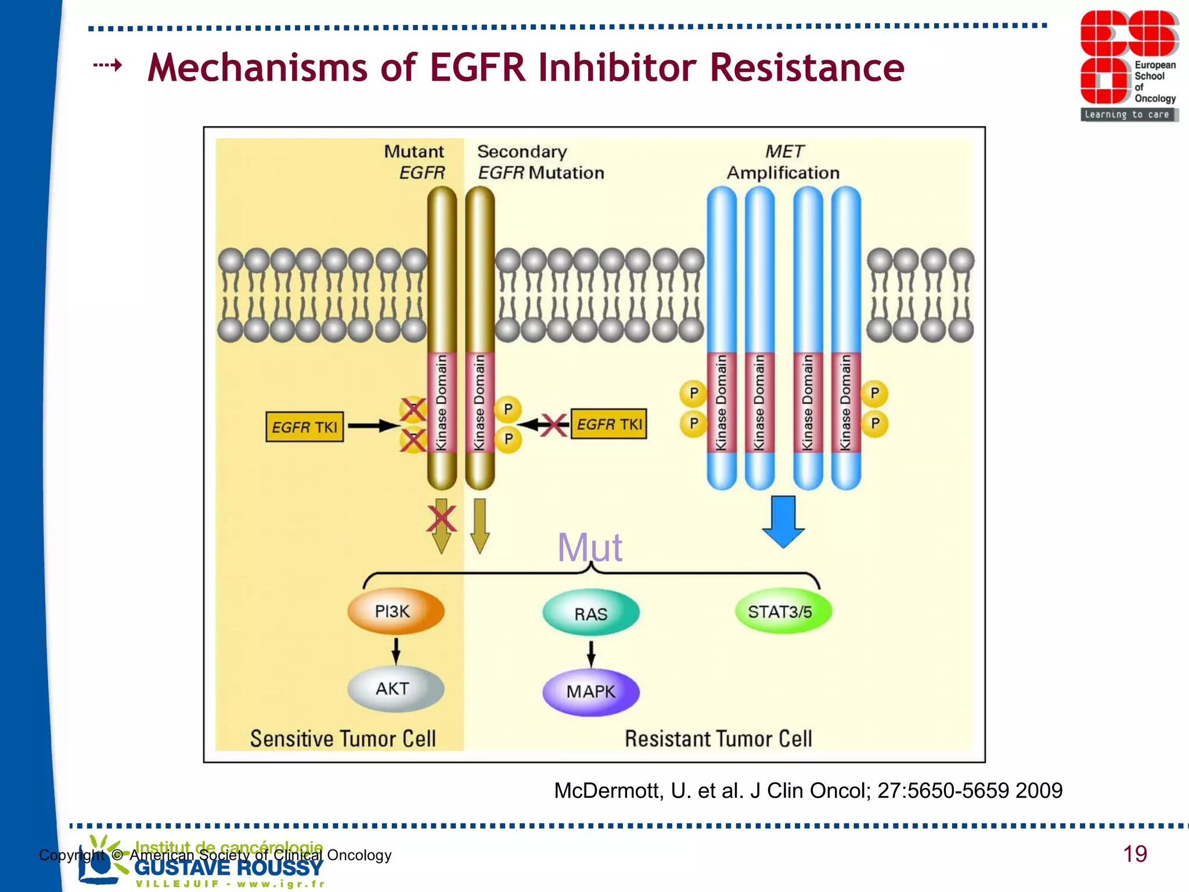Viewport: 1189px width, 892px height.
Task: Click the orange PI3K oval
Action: tap(396, 612)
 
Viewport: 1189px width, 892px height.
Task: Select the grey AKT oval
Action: tap(396, 689)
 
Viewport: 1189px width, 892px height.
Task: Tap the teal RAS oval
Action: tap(590, 613)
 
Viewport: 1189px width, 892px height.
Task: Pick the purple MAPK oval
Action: tap(590, 692)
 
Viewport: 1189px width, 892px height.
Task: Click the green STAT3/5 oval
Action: tap(782, 612)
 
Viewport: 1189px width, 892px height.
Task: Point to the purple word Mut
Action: tap(589, 547)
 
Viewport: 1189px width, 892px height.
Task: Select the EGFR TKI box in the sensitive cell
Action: tap(304, 427)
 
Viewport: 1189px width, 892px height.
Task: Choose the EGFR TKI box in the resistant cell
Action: tap(608, 424)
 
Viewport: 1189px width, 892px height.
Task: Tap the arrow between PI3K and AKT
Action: tap(396, 650)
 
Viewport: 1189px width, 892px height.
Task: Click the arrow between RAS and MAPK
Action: tap(591, 654)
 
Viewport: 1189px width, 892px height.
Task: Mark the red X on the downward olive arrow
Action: tap(441, 519)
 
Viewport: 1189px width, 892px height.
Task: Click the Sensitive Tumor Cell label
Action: tap(343, 738)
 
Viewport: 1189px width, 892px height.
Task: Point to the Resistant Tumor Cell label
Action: tap(718, 738)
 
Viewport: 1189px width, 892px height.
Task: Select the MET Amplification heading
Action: tap(783, 162)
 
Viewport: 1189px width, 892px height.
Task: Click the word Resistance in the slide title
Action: tap(807, 68)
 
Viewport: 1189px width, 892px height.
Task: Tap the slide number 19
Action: tap(1134, 854)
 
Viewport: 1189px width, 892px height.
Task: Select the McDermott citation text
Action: tap(808, 790)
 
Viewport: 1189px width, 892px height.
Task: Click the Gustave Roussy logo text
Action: tap(228, 868)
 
